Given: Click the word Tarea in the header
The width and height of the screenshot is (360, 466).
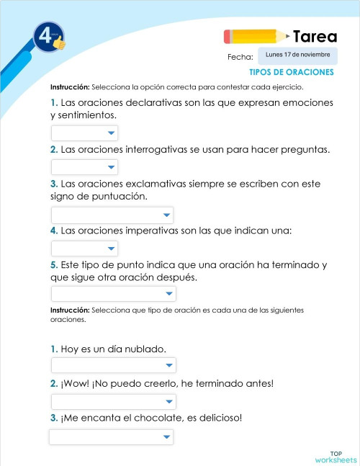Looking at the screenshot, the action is click(315, 37).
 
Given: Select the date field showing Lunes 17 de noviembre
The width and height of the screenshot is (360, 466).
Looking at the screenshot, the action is click(297, 55).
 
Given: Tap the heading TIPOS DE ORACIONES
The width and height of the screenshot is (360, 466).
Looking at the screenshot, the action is click(291, 73).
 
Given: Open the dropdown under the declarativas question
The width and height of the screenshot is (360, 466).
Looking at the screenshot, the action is click(84, 133).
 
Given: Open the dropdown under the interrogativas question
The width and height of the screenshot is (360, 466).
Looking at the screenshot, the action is click(84, 167).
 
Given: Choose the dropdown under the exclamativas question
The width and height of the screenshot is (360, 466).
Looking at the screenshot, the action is click(112, 215).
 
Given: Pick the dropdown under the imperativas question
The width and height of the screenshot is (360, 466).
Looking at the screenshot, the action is click(84, 248).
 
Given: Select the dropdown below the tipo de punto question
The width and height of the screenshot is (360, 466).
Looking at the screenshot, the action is click(113, 294).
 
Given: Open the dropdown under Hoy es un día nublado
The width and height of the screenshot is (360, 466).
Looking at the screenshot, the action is click(113, 366).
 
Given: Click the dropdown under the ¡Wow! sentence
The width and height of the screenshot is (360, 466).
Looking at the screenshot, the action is click(113, 401).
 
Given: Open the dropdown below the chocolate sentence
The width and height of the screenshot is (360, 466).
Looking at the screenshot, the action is click(111, 436).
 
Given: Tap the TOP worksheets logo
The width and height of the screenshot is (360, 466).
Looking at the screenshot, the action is click(335, 457).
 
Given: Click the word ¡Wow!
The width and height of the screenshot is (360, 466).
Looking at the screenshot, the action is click(78, 383).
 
